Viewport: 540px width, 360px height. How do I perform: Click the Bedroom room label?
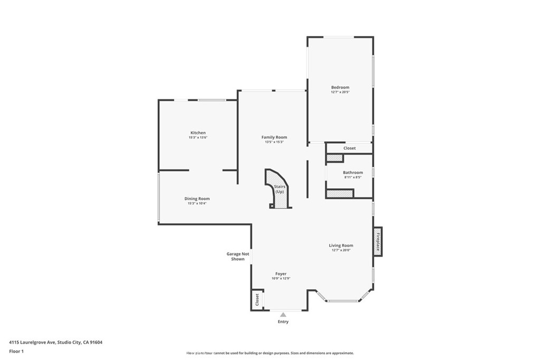point(340,87)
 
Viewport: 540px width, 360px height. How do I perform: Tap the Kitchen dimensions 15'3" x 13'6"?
point(198,138)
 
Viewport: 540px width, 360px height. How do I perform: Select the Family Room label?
point(274,137)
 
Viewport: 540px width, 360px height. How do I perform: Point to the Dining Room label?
point(197,199)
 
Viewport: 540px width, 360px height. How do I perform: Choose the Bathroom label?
point(353,172)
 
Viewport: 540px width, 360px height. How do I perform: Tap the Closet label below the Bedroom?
point(350,149)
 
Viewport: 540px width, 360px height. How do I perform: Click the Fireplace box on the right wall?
point(378,242)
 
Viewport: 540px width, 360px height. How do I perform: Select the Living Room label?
point(341,245)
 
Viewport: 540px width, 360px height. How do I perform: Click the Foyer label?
point(281,274)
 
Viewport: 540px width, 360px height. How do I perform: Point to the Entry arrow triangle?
point(283,315)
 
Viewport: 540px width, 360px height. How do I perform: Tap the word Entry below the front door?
point(283,322)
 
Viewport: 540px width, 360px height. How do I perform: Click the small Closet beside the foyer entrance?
point(257,300)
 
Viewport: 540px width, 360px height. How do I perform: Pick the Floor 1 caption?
point(17,351)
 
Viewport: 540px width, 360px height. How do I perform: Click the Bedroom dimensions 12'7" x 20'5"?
point(340,92)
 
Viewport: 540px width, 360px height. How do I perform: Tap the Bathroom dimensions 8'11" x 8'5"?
point(353,177)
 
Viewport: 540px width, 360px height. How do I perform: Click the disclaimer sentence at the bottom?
point(269,353)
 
